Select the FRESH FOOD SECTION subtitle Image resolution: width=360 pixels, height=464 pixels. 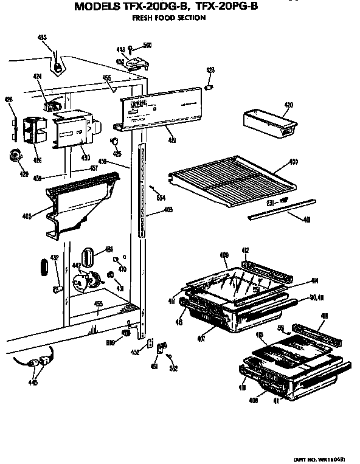pyautogui.click(x=168, y=18)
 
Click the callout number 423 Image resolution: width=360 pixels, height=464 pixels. pyautogui.click(x=210, y=71)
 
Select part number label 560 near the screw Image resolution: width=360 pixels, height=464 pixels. pyautogui.click(x=147, y=45)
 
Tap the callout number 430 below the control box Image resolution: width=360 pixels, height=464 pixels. pyautogui.click(x=86, y=158)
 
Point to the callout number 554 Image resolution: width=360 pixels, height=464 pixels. pyautogui.click(x=161, y=198)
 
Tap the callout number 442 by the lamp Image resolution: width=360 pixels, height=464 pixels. pyautogui.click(x=77, y=266)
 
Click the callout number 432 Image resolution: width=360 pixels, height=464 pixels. pyautogui.click(x=54, y=258)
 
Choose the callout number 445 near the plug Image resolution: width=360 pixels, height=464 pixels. pyautogui.click(x=32, y=383)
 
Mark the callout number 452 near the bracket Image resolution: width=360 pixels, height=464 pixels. pyautogui.click(x=136, y=351)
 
